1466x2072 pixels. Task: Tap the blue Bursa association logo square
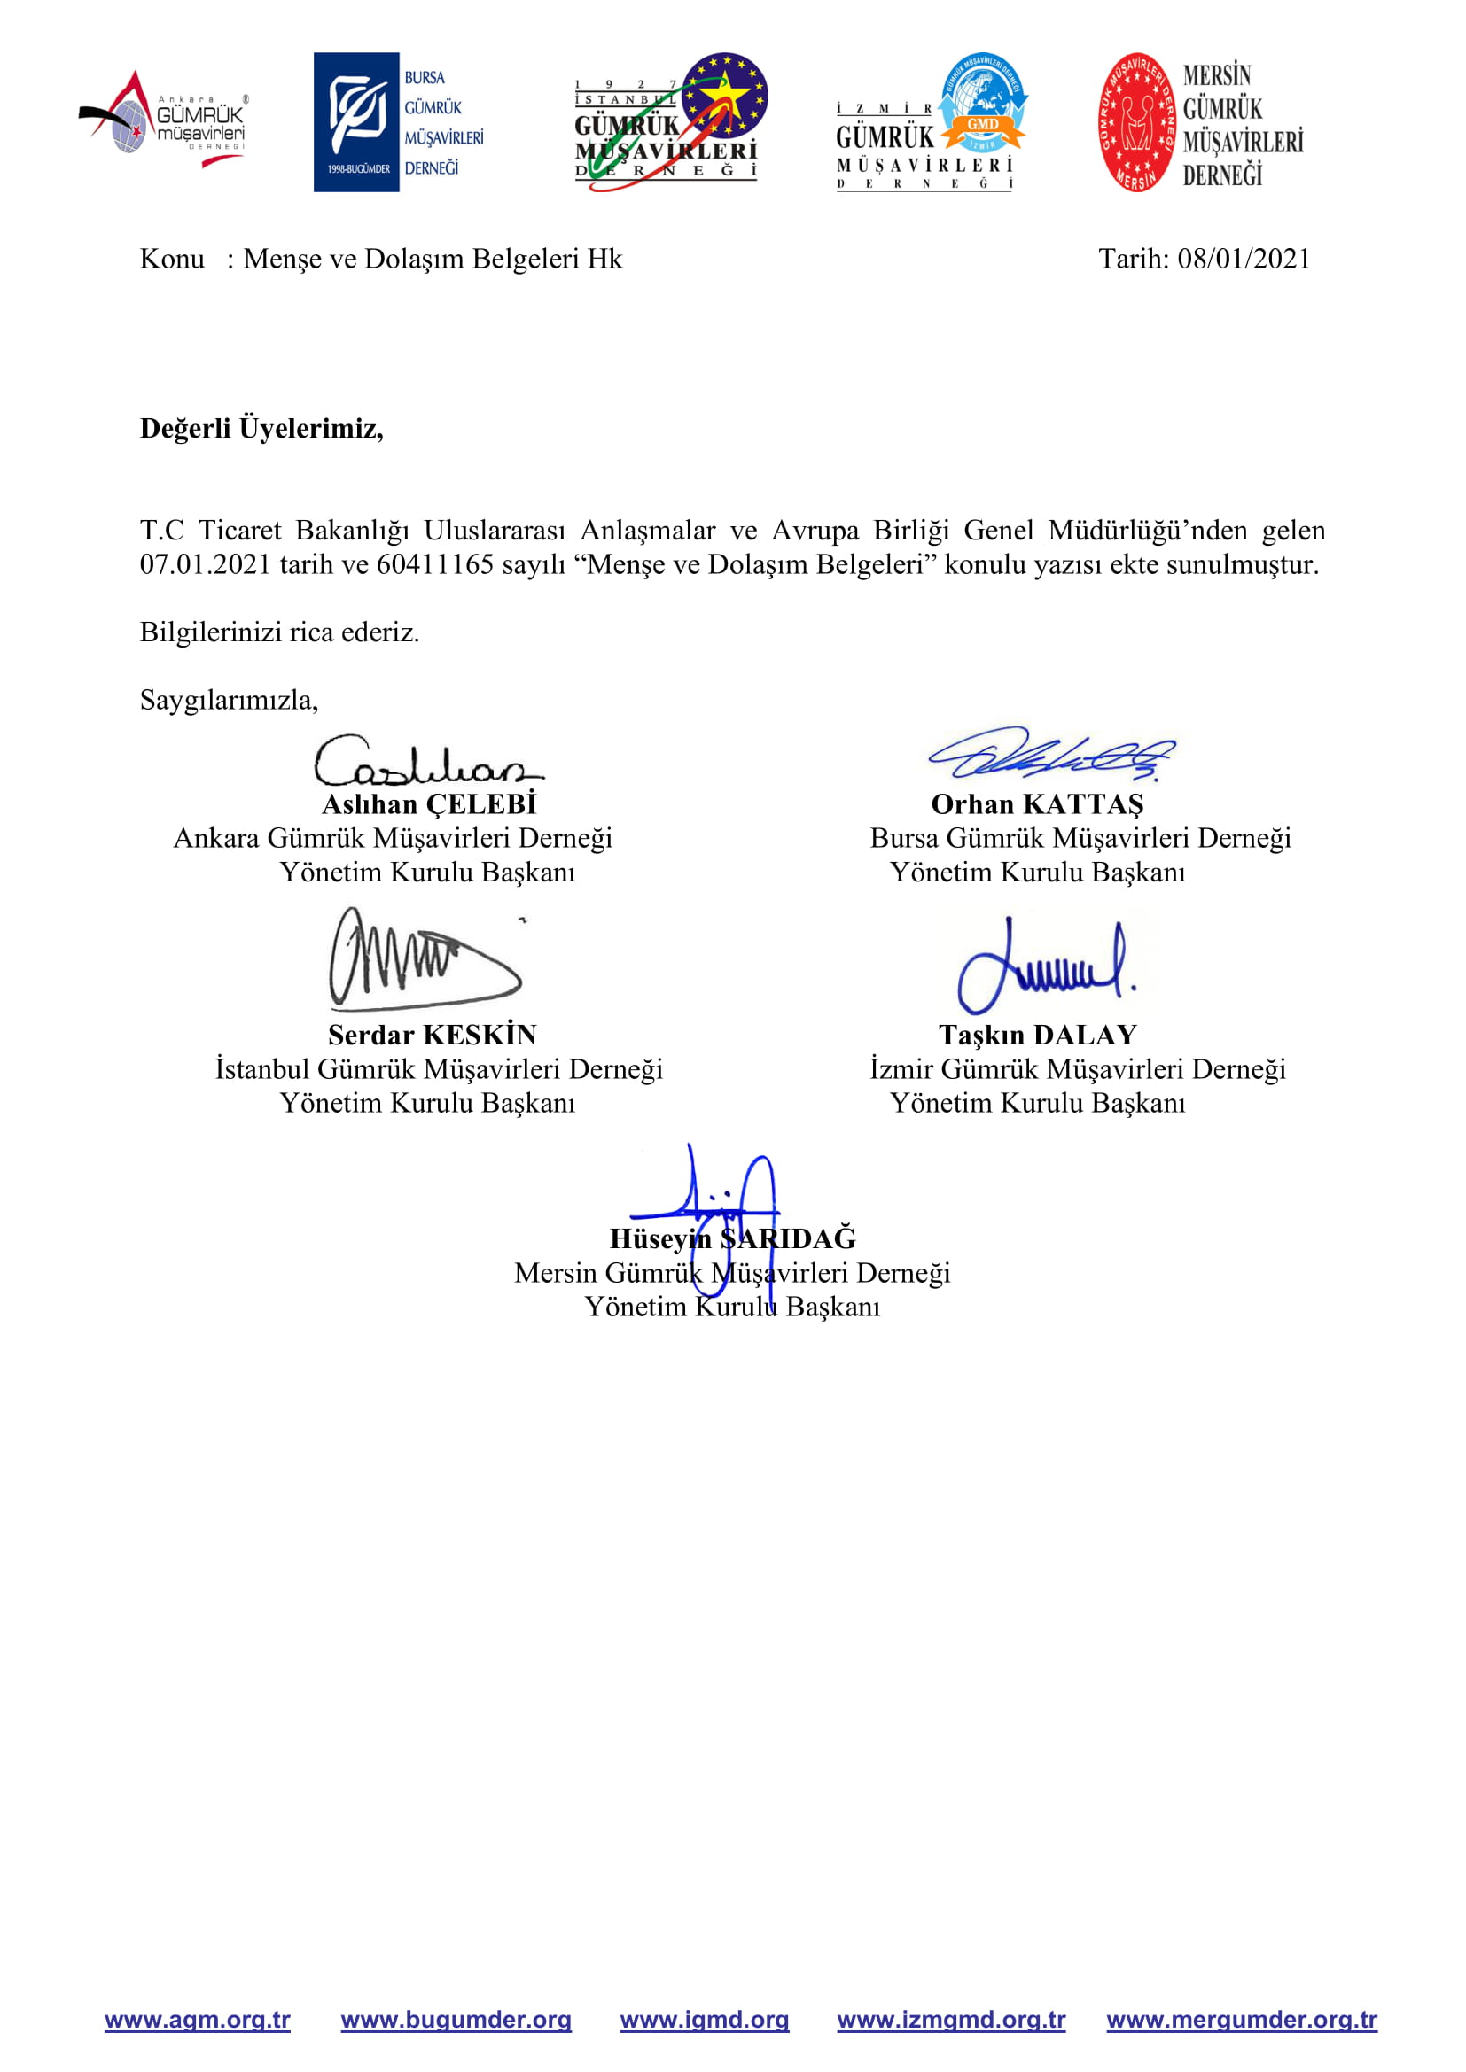click(x=355, y=122)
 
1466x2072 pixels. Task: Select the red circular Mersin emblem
click(x=1136, y=122)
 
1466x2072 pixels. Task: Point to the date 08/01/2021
click(x=1243, y=259)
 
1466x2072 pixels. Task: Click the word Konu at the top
click(x=172, y=259)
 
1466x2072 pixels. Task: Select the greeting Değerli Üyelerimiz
click(x=261, y=428)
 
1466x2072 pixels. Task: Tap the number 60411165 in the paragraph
click(x=434, y=564)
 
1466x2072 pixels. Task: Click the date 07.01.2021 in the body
click(x=205, y=564)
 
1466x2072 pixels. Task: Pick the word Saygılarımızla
click(x=229, y=700)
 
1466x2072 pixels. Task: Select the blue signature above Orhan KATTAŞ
click(x=1052, y=755)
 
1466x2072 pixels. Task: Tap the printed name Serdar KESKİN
click(x=432, y=1034)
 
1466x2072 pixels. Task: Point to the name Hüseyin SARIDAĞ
click(x=732, y=1238)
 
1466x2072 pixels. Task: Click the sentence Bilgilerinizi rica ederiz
click(x=279, y=632)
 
